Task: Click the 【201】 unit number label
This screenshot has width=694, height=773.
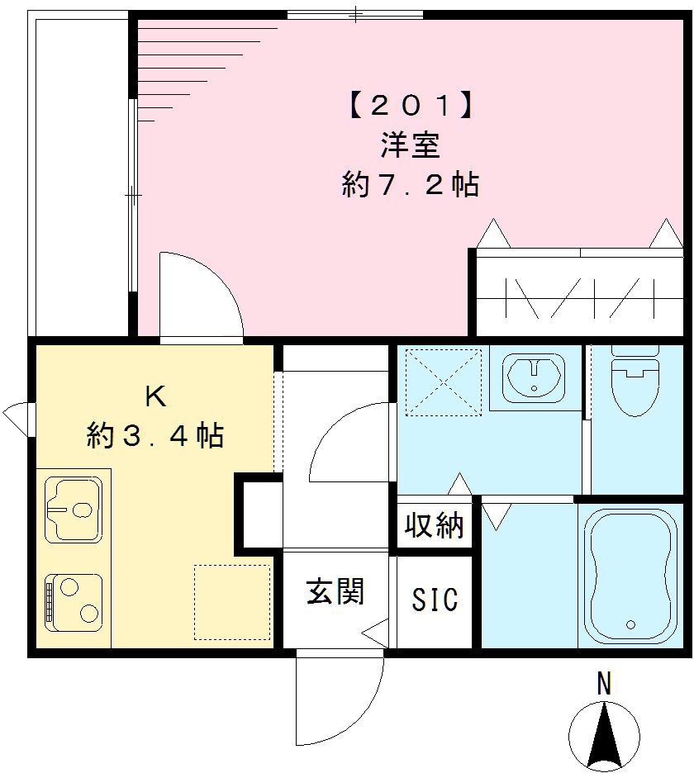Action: coord(411,107)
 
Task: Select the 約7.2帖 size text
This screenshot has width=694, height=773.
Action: coord(411,185)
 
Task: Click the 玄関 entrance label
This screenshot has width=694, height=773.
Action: coord(335,591)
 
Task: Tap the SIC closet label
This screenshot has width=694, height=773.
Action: coord(435,600)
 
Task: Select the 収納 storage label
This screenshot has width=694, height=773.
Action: coord(435,524)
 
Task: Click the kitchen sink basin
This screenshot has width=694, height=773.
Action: coord(74,510)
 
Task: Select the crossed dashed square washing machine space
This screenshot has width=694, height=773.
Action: coord(444,379)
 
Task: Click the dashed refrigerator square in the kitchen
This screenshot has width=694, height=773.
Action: coord(232,602)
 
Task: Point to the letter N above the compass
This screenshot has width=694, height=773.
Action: coord(605,685)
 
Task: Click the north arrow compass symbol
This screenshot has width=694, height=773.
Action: coord(605,734)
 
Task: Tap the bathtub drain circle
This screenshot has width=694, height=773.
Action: coord(632,625)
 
